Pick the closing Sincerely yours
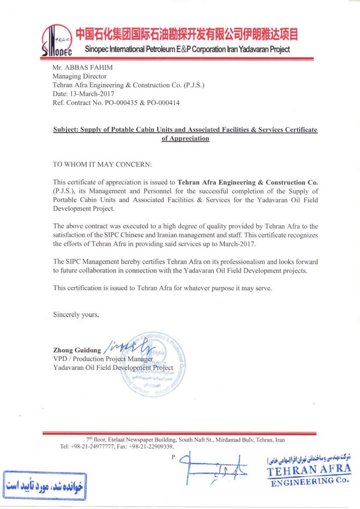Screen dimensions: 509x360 (x=76, y=314)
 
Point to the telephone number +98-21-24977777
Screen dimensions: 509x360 (x=93, y=447)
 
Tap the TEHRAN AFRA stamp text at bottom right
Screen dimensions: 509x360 (x=309, y=470)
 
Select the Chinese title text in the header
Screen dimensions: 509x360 (x=186, y=34)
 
